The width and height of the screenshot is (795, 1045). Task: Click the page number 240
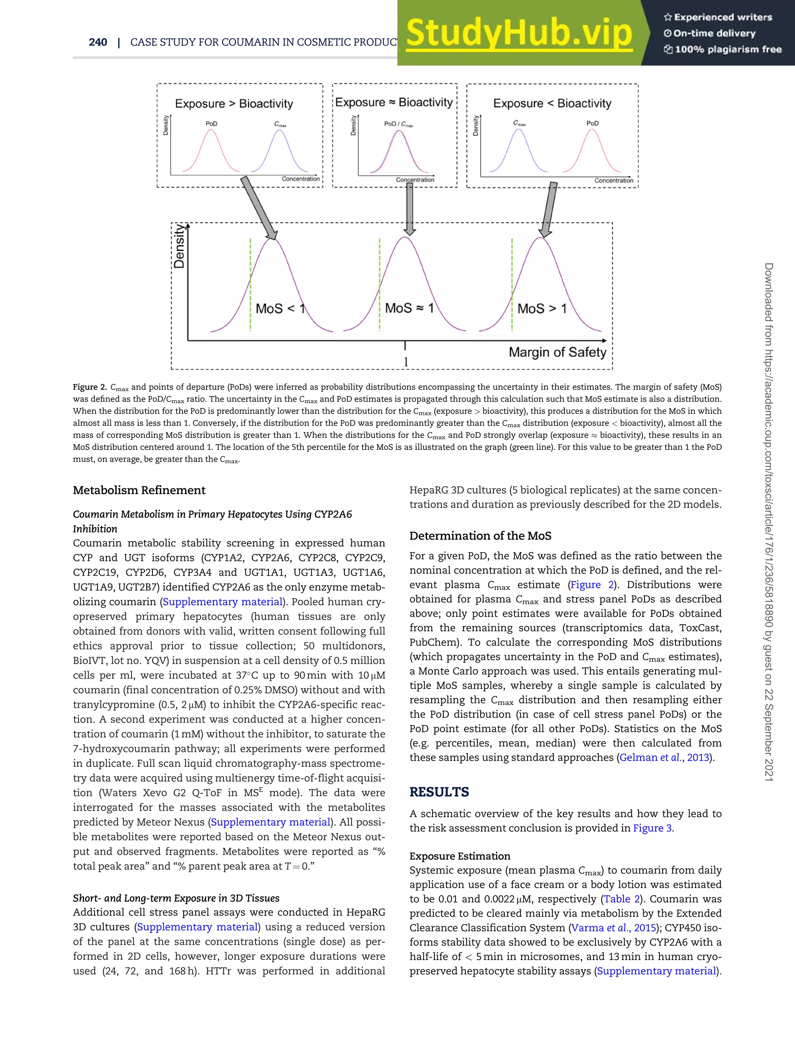[x=98, y=42]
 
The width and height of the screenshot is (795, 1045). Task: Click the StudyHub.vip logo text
[x=519, y=33]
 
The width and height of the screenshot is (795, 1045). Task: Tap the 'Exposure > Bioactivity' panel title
[x=234, y=104]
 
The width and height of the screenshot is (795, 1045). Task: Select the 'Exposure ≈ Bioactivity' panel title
[x=394, y=102]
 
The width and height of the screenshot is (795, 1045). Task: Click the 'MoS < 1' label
[x=279, y=309]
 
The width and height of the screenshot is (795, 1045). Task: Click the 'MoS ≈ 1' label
[x=409, y=308]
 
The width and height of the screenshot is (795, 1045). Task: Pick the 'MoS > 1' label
[x=542, y=309]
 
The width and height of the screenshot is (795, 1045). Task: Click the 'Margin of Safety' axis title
[x=557, y=352]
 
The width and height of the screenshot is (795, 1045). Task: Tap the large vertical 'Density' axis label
[x=179, y=246]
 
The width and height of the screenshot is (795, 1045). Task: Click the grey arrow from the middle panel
[x=410, y=208]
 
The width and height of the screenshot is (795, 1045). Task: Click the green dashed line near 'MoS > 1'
[x=512, y=284]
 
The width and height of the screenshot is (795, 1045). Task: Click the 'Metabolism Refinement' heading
[x=139, y=490]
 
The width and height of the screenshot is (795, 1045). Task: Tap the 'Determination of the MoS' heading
[x=480, y=536]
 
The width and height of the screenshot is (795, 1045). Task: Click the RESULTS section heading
[x=439, y=792]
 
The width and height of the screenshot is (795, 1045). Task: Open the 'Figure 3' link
[x=652, y=828]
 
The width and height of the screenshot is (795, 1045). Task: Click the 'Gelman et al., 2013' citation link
[x=664, y=758]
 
